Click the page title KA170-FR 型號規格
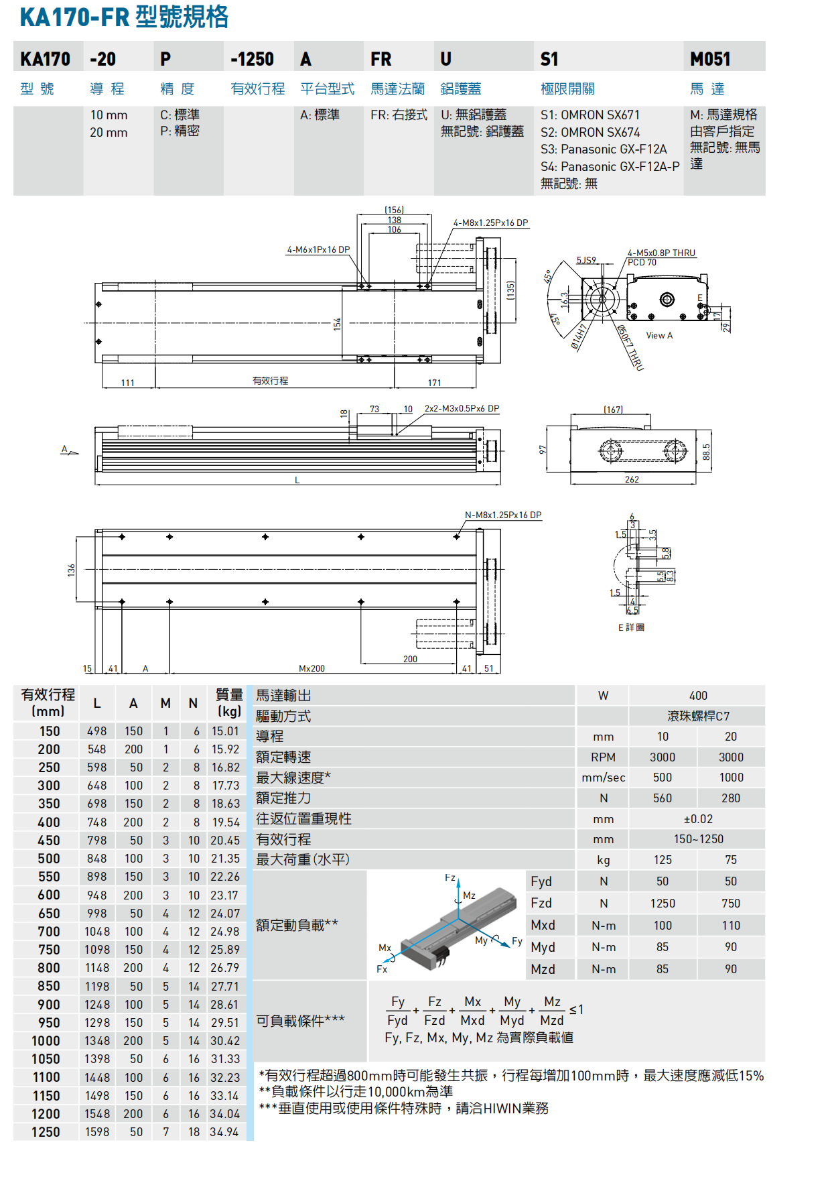124,17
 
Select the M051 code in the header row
710,60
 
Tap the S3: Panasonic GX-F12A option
604,149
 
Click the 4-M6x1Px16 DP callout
318,250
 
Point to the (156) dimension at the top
394,210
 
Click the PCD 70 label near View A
642,262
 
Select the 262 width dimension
632,479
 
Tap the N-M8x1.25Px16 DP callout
503,515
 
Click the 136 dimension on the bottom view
71,570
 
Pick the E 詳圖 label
631,627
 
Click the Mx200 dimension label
312,668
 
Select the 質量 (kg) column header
228,702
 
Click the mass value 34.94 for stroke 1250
224,1132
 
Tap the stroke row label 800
49,968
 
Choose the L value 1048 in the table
97,932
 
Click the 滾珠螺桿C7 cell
698,716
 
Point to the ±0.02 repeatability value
698,819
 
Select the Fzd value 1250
663,904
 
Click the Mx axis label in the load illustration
385,948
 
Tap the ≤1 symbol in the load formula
576,1009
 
